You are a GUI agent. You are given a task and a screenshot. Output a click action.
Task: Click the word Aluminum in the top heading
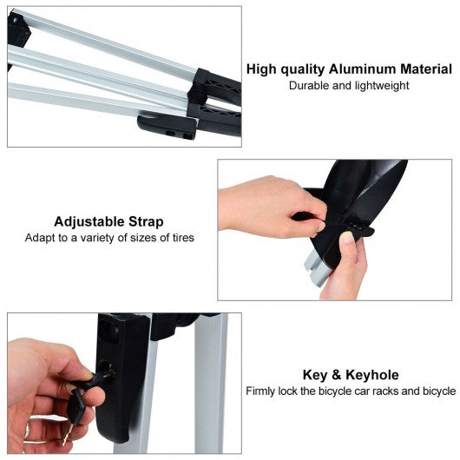pyautogui.click(x=363, y=69)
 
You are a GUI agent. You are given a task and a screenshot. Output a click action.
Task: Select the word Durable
pyautogui.click(x=310, y=86)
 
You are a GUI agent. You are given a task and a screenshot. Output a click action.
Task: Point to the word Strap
pyautogui.click(x=146, y=222)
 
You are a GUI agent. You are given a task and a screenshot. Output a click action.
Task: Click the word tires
pyautogui.click(x=183, y=238)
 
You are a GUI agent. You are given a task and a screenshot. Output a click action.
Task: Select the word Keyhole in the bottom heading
pyautogui.click(x=372, y=375)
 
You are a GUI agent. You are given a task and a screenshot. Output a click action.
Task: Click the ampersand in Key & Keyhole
pyautogui.click(x=337, y=375)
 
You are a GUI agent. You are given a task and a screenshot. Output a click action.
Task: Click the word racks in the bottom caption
pyautogui.click(x=387, y=391)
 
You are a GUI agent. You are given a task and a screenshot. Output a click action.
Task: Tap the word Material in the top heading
pyautogui.click(x=426, y=69)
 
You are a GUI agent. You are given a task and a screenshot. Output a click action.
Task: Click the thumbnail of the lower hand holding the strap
pyautogui.click(x=347, y=237)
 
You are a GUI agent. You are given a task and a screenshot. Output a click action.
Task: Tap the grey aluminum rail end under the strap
pyautogui.click(x=317, y=268)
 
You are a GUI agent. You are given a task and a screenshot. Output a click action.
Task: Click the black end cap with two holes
pyautogui.click(x=167, y=127)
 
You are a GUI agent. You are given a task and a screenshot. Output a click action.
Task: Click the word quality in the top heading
pyautogui.click(x=302, y=69)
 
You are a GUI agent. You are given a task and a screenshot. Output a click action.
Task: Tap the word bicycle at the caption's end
pyautogui.click(x=439, y=391)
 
